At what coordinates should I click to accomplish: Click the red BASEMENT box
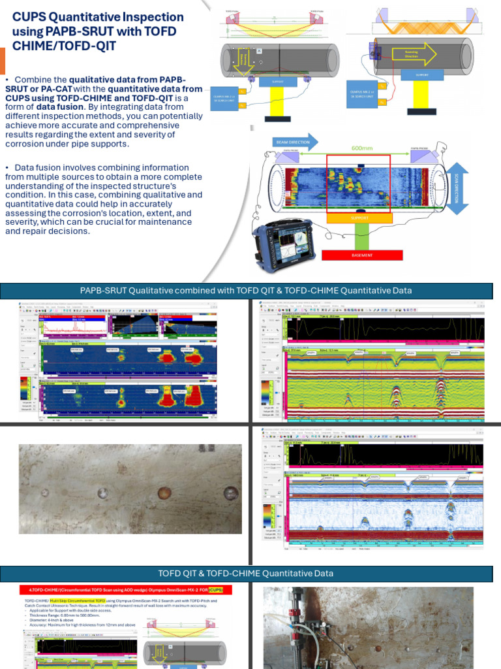(x=362, y=255)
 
